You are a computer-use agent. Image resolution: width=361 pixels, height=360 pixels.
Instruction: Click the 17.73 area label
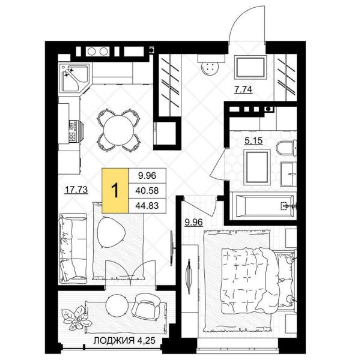[x=76, y=190]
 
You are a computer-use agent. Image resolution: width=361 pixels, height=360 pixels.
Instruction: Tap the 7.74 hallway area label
[x=243, y=89]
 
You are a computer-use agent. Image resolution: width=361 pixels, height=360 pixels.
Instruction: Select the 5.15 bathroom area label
[x=253, y=140]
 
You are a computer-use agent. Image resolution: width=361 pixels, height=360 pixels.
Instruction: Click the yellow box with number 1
[x=115, y=190]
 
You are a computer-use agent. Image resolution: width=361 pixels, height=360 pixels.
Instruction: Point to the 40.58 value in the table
[x=147, y=190]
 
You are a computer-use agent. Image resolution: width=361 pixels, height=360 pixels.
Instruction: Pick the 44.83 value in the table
[x=147, y=205]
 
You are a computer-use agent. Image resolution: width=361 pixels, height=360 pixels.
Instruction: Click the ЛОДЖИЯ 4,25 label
[x=124, y=340]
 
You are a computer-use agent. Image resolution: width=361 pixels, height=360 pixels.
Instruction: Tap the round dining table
[x=118, y=130]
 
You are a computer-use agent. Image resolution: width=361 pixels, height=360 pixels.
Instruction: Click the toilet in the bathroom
[x=286, y=148]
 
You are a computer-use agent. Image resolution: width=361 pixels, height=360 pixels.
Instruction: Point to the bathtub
[x=262, y=206]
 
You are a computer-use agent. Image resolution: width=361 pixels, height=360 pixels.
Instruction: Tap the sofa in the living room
[x=73, y=248]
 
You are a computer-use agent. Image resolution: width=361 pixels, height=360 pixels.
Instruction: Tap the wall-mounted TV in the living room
[x=172, y=248]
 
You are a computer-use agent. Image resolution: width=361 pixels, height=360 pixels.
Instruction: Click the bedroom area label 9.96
[x=194, y=222]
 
